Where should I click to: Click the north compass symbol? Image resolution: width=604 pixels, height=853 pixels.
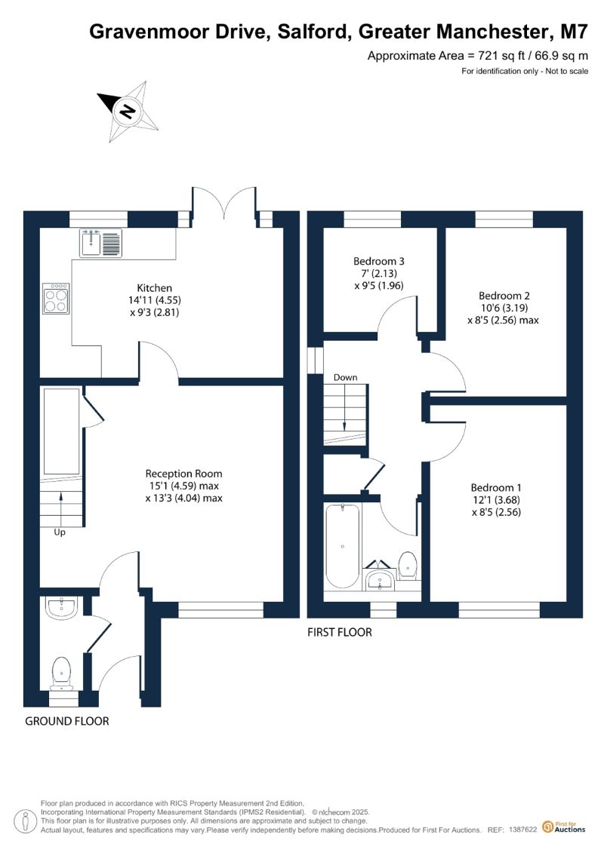pyautogui.click(x=129, y=112)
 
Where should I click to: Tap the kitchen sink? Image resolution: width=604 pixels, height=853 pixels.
pyautogui.click(x=101, y=243)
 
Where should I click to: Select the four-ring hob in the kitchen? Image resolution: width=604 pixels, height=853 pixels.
pyautogui.click(x=56, y=298)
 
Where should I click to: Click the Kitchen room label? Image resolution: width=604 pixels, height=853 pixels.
pyautogui.click(x=155, y=288)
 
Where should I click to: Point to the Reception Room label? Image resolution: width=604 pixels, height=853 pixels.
pyautogui.click(x=183, y=474)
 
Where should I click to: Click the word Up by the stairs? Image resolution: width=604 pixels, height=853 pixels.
pyautogui.click(x=60, y=532)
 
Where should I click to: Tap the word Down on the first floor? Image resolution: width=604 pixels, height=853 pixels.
pyautogui.click(x=345, y=377)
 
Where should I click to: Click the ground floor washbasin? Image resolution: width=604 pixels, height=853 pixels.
pyautogui.click(x=63, y=608)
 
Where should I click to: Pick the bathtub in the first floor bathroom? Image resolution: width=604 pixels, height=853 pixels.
pyautogui.click(x=342, y=546)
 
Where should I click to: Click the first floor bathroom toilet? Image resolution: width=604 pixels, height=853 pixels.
pyautogui.click(x=408, y=565)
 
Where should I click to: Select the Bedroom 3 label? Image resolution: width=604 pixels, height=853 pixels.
pyautogui.click(x=379, y=261)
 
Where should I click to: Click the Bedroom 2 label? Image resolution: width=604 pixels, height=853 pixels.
pyautogui.click(x=504, y=296)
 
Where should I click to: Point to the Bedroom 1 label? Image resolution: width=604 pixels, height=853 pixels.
pyautogui.click(x=496, y=487)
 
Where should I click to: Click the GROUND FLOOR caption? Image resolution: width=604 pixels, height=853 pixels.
pyautogui.click(x=67, y=721)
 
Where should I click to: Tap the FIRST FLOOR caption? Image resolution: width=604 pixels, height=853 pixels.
pyautogui.click(x=339, y=632)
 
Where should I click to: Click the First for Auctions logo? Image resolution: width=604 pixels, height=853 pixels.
pyautogui.click(x=564, y=827)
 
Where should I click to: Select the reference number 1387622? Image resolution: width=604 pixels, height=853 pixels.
pyautogui.click(x=523, y=830)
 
